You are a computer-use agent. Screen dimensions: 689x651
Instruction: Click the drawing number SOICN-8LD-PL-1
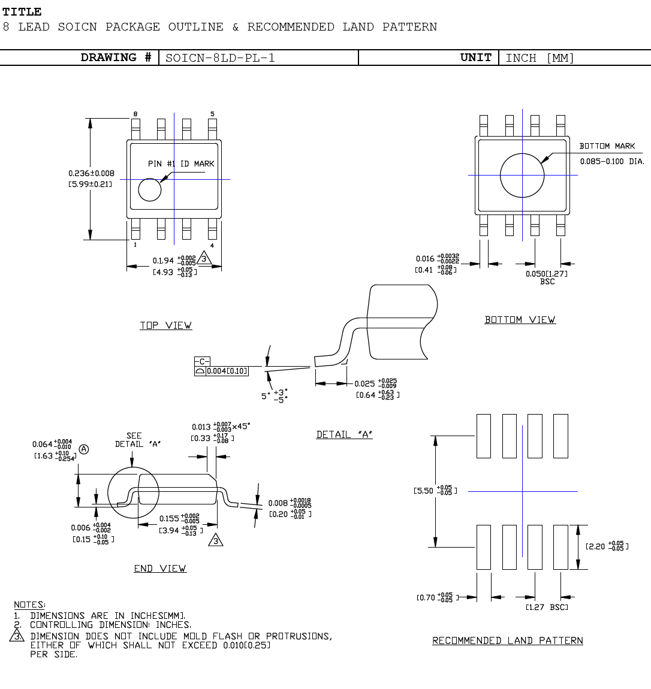pos(220,58)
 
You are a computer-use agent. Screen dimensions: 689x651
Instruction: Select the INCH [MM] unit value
pos(540,58)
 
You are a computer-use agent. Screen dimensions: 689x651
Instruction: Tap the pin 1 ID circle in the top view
pos(150,190)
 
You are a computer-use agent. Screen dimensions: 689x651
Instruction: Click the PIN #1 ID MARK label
pos(181,164)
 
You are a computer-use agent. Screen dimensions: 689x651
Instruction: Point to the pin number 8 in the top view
pos(135,114)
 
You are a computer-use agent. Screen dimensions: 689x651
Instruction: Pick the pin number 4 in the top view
pos(212,245)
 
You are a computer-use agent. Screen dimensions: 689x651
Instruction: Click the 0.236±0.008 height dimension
pos(91,173)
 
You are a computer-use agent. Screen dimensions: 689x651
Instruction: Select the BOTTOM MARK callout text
pos(607,146)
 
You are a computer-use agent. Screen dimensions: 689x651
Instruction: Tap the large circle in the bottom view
pos(522,175)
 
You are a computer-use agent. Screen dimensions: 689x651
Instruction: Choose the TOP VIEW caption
pos(165,325)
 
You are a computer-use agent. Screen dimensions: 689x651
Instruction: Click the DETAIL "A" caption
pos(344,434)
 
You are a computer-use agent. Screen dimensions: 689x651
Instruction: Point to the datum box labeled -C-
pos(203,361)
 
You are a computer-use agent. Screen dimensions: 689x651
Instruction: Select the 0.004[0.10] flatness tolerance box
pos(227,371)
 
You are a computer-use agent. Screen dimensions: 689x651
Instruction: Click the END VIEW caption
pos(160,569)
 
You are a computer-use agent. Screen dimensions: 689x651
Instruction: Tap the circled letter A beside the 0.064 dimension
pos(84,449)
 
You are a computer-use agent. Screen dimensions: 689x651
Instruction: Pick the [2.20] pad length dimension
pos(607,546)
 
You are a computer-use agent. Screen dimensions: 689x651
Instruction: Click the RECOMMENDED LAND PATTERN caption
pos(507,640)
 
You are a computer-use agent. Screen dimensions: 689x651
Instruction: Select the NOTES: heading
pos(29,605)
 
